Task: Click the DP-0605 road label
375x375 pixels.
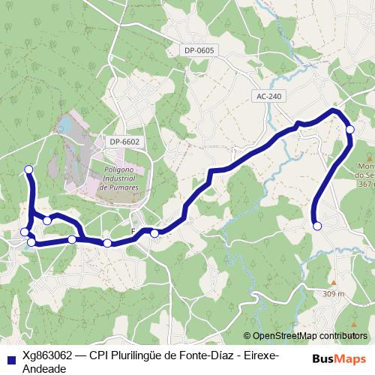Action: [199, 50]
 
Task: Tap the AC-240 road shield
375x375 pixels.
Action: [268, 97]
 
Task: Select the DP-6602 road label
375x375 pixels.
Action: [124, 141]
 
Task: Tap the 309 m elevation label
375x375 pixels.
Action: [334, 293]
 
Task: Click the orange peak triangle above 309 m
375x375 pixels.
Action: [334, 283]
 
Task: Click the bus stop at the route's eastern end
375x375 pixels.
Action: [317, 226]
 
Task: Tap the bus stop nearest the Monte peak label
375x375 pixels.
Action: [350, 130]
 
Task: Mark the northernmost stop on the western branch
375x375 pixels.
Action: [28, 169]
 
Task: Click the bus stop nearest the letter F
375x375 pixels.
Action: [154, 233]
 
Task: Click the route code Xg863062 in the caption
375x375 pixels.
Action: [46, 355]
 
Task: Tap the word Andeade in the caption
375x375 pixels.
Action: [44, 368]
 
